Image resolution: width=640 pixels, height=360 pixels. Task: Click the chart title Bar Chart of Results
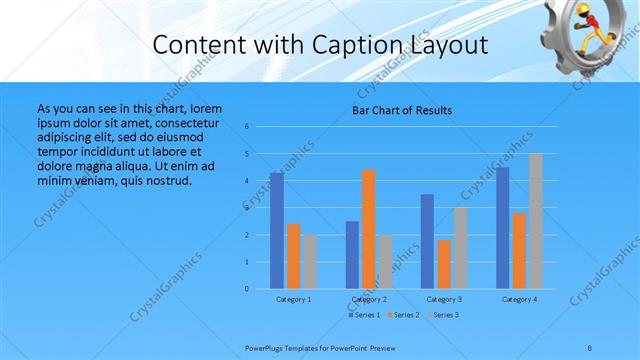(x=401, y=110)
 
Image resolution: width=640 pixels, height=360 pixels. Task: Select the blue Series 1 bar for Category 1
(x=277, y=231)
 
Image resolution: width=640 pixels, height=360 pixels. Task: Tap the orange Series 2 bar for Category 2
(x=369, y=229)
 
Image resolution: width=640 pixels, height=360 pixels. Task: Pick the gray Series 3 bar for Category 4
(x=535, y=221)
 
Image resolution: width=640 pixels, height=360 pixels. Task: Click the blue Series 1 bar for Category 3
(x=427, y=241)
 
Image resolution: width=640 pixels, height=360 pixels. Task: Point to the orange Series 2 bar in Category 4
(x=519, y=251)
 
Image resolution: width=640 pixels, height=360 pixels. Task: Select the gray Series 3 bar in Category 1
(x=310, y=262)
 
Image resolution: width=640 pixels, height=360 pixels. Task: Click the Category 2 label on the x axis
(x=369, y=299)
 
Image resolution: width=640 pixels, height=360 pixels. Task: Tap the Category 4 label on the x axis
(x=519, y=299)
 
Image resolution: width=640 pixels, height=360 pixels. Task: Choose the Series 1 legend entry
(x=363, y=315)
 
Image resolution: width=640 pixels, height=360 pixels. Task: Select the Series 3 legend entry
(x=443, y=315)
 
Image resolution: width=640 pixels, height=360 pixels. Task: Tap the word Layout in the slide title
(x=447, y=45)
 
